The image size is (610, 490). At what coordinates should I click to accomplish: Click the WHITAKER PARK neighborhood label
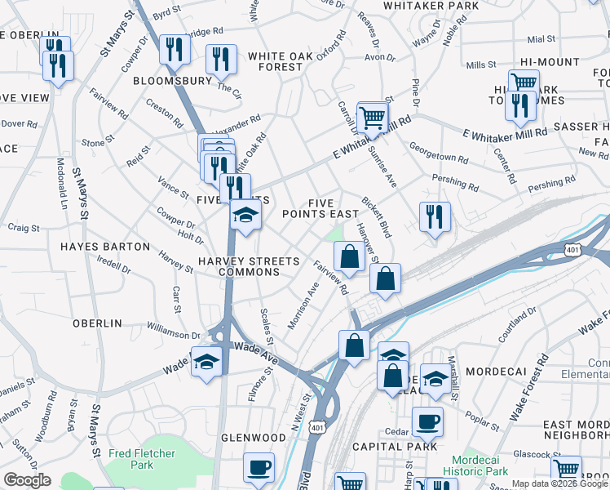point(431,6)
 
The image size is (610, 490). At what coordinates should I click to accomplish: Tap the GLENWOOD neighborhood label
point(254,438)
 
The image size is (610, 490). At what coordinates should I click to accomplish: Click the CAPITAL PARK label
point(395,447)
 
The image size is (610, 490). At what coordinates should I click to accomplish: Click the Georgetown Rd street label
point(439,154)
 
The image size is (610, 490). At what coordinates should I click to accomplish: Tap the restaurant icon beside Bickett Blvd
point(434,217)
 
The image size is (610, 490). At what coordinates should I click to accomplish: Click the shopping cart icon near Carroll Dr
point(373,117)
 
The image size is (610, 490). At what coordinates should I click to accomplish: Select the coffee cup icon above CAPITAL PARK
point(427,422)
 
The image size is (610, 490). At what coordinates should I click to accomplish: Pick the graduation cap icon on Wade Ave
point(206,361)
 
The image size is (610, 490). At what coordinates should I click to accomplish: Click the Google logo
point(27,480)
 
